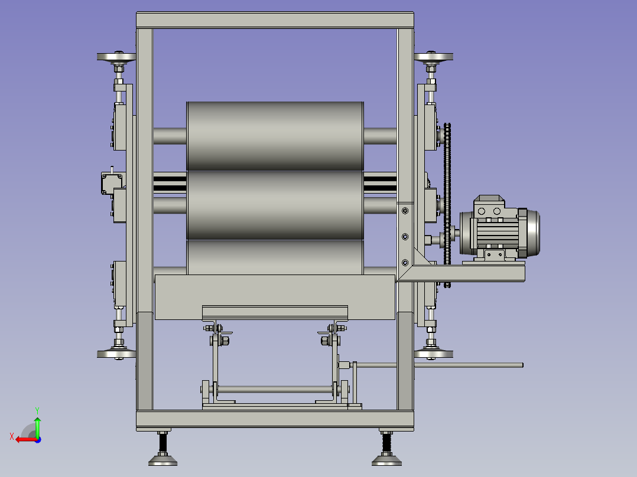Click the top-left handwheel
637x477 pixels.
click(x=116, y=57)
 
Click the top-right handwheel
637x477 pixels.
click(x=434, y=57)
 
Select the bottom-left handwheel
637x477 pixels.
click(x=116, y=354)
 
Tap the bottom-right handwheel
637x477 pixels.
click(x=434, y=354)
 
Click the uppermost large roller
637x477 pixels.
click(x=275, y=136)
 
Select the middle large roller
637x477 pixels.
click(x=275, y=205)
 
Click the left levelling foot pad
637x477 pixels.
click(x=163, y=460)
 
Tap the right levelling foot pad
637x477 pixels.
click(x=386, y=460)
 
